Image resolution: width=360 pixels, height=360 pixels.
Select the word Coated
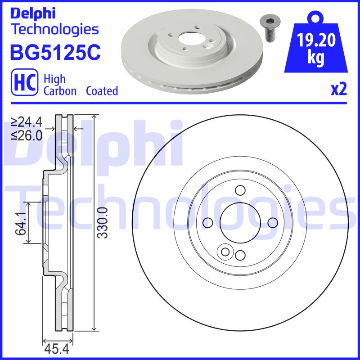pyautogui.click(x=102, y=91)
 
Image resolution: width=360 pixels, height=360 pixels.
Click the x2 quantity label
pyautogui.click(x=339, y=90)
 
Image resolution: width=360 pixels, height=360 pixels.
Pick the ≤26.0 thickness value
pyautogui.click(x=27, y=135)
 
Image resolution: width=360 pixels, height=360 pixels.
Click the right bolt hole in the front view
pyautogui.click(x=272, y=222)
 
